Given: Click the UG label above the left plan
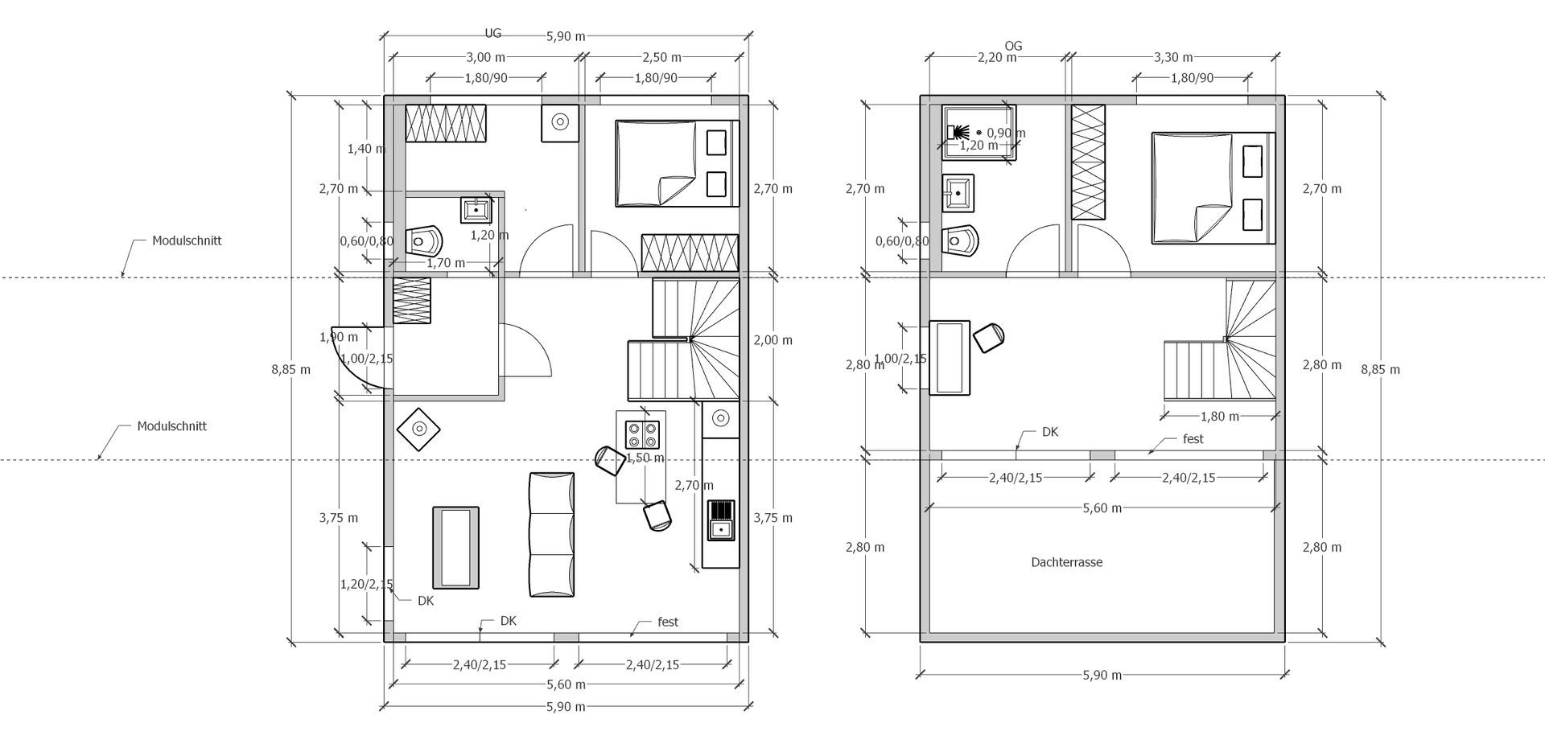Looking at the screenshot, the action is click(x=492, y=34).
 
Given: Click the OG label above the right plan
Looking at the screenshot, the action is click(x=1013, y=46).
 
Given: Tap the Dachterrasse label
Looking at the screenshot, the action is click(x=1066, y=562).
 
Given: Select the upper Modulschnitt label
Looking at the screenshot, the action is click(x=187, y=240).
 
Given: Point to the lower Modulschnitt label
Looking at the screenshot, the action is click(x=171, y=426).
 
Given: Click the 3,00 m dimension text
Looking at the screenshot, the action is click(x=485, y=57).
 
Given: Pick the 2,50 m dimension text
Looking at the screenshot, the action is click(x=661, y=57).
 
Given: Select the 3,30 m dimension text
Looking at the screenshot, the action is click(x=1173, y=57).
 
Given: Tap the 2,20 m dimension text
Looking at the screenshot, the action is click(x=997, y=57).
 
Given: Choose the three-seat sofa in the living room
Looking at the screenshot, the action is click(x=552, y=534).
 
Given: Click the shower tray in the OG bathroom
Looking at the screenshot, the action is click(x=979, y=133).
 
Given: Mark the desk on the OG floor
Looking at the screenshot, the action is click(x=950, y=358).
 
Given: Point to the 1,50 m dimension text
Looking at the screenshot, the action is click(x=645, y=458).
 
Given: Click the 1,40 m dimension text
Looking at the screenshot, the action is click(x=366, y=149).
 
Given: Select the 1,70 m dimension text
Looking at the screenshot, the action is click(x=446, y=263).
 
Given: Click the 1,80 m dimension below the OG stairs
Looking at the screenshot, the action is click(x=1220, y=417).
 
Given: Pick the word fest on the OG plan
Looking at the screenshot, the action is click(x=1193, y=439).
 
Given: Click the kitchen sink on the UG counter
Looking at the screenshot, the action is click(x=721, y=520).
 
